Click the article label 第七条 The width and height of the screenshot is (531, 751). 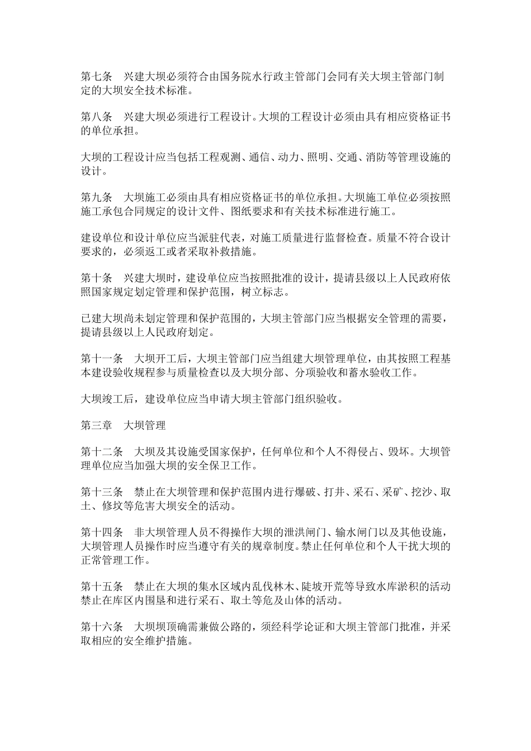(x=97, y=77)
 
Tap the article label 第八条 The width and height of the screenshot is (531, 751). (x=97, y=118)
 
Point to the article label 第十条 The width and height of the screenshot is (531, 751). (x=97, y=278)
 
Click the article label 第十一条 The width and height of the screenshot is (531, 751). (x=102, y=358)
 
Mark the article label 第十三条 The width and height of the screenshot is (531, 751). (x=102, y=492)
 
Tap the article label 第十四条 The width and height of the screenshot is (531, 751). (x=102, y=533)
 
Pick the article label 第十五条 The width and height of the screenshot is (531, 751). (x=102, y=587)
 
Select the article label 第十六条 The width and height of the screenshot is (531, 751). (x=102, y=627)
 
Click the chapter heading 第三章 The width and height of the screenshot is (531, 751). (x=97, y=425)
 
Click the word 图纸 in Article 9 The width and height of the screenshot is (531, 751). (x=240, y=212)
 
